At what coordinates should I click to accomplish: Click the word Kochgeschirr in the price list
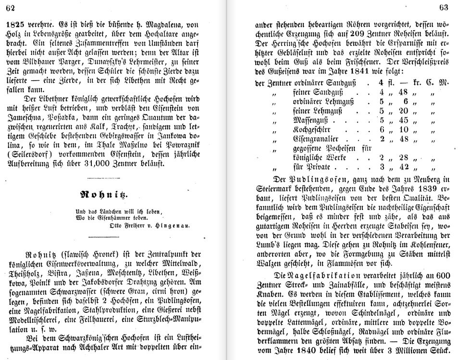click(x=316, y=129)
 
